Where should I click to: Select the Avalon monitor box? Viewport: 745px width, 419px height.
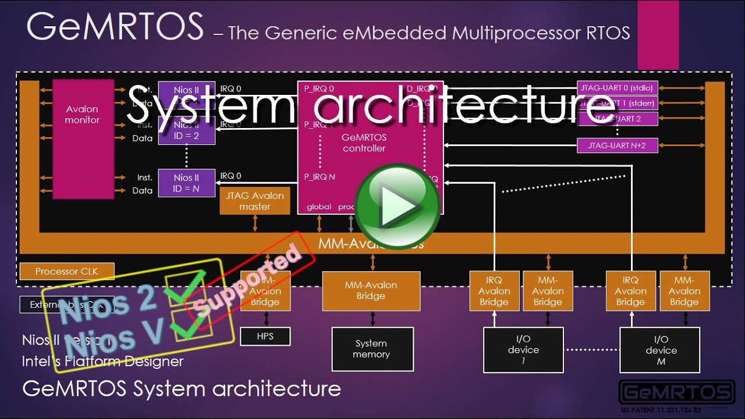point(82,139)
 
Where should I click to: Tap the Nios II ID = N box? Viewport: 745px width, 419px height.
point(186,183)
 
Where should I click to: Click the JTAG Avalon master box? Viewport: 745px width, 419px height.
point(255,201)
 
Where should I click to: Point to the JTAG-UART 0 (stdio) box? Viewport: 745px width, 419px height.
point(617,88)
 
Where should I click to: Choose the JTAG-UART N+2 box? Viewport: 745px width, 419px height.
point(617,145)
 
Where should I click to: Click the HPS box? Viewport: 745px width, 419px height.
point(265,336)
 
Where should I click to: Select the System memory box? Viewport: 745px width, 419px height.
point(372,349)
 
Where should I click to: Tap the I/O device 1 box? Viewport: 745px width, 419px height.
point(523,350)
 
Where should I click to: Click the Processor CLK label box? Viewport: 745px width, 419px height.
point(67,271)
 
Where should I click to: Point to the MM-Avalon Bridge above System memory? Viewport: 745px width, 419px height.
point(371,290)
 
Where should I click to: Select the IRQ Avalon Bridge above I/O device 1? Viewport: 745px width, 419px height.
point(494,291)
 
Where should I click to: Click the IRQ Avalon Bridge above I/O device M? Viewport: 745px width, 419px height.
point(630,291)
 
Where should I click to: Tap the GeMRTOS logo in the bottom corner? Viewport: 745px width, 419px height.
point(676,393)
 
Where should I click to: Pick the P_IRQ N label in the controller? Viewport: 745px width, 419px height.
point(320,177)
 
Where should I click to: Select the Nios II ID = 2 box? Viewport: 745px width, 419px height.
point(186,130)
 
